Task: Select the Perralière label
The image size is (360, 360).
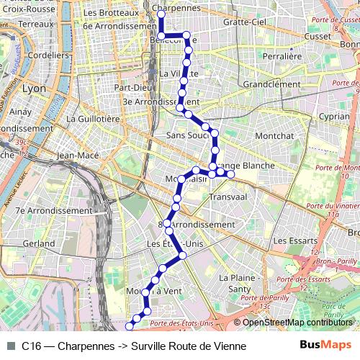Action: click(282, 55)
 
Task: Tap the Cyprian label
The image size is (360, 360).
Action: click(334, 116)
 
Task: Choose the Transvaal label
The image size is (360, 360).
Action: click(228, 197)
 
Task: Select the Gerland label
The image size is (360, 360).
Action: click(38, 244)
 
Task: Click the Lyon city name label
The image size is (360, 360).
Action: click(34, 89)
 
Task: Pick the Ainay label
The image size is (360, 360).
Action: click(20, 112)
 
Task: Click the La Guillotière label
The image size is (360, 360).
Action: click(92, 118)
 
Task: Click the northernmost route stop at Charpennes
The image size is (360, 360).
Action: click(161, 14)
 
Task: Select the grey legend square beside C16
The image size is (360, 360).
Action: click(11, 346)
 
